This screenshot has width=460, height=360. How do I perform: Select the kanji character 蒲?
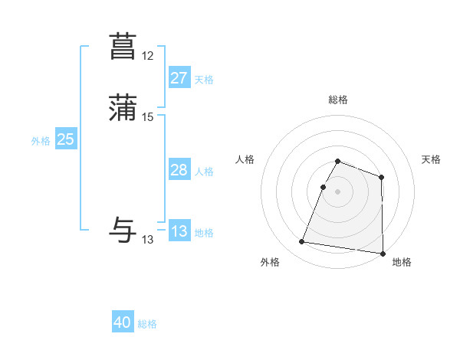(123, 108)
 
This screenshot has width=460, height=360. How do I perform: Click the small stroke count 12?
(148, 56)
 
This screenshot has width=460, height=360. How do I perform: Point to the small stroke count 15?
(148, 116)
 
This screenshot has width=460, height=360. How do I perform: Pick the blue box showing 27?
(179, 78)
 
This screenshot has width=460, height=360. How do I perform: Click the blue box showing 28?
(179, 170)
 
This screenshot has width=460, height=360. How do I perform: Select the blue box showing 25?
(65, 139)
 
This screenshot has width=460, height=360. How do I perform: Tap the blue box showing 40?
(123, 322)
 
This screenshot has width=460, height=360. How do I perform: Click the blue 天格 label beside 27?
(204, 80)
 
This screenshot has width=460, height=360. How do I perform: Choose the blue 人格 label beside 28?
(204, 172)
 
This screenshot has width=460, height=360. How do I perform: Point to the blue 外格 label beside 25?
(41, 141)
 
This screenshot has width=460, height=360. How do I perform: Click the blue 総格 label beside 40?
(147, 324)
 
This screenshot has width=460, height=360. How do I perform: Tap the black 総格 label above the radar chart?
(337, 100)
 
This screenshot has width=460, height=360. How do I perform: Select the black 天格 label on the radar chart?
(431, 159)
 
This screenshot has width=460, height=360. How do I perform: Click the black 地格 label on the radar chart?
(402, 262)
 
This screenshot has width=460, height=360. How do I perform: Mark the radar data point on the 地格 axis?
(383, 254)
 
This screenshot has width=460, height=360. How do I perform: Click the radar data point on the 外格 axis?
(302, 242)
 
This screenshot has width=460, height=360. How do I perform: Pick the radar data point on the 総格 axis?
(337, 161)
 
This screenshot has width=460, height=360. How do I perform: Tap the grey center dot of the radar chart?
(337, 191)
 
